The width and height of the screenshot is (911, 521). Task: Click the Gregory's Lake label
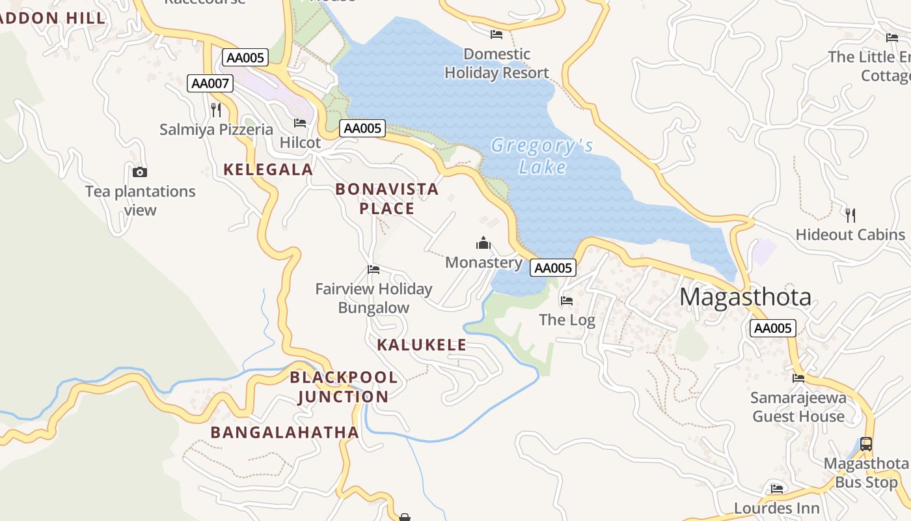click(541, 156)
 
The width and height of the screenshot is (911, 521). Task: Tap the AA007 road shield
click(210, 83)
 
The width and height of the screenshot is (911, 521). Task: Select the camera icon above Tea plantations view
click(140, 173)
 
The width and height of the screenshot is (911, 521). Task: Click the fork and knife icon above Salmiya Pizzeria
click(216, 109)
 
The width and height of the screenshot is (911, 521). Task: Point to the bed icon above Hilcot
click(300, 122)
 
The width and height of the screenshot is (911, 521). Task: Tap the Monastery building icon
click(483, 244)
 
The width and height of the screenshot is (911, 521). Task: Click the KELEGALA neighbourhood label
click(268, 169)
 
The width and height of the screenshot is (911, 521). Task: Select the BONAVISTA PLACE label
click(387, 199)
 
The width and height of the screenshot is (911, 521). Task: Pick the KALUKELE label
click(422, 345)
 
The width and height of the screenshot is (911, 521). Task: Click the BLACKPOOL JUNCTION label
click(344, 387)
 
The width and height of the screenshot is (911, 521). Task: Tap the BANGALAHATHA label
click(284, 432)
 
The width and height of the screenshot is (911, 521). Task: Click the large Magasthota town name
click(745, 297)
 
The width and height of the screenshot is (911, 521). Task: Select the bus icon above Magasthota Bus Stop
click(866, 444)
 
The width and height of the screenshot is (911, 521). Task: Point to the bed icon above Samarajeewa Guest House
click(798, 378)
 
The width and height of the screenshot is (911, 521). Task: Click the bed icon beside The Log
click(567, 301)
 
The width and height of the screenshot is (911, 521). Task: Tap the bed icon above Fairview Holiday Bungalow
click(374, 270)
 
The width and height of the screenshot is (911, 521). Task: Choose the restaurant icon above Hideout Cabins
click(850, 215)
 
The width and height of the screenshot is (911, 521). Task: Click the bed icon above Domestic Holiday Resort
click(496, 34)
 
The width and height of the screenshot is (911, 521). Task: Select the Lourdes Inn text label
click(776, 508)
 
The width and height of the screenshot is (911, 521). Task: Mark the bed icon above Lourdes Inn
click(777, 488)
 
